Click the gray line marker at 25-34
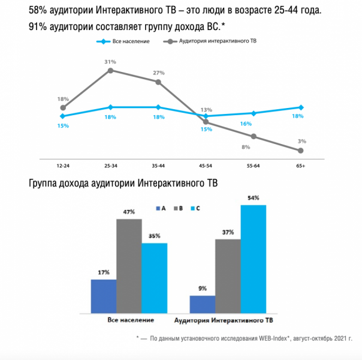110,70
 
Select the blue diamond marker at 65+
300,107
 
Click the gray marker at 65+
300,151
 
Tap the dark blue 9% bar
202,304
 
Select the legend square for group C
191,208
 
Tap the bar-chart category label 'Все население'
130,320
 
